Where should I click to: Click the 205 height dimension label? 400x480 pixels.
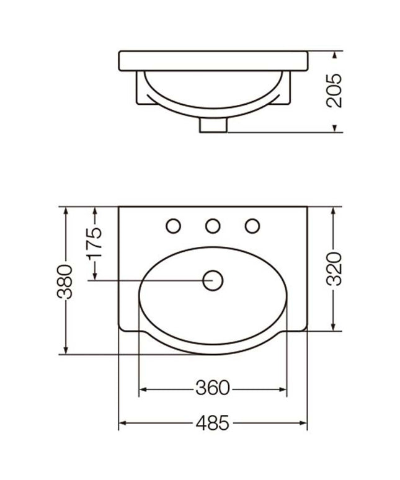tap(334, 91)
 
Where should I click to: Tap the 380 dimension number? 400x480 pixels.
tap(64, 282)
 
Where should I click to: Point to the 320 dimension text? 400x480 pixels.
tap(334, 269)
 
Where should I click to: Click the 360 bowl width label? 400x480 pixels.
tap(212, 388)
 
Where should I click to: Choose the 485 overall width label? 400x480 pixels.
tap(212, 423)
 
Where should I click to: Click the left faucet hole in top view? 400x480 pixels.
tap(173, 226)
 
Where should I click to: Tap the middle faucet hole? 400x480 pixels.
tap(213, 226)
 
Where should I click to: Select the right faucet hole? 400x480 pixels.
tap(252, 226)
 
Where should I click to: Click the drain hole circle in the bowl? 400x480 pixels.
tap(213, 280)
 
